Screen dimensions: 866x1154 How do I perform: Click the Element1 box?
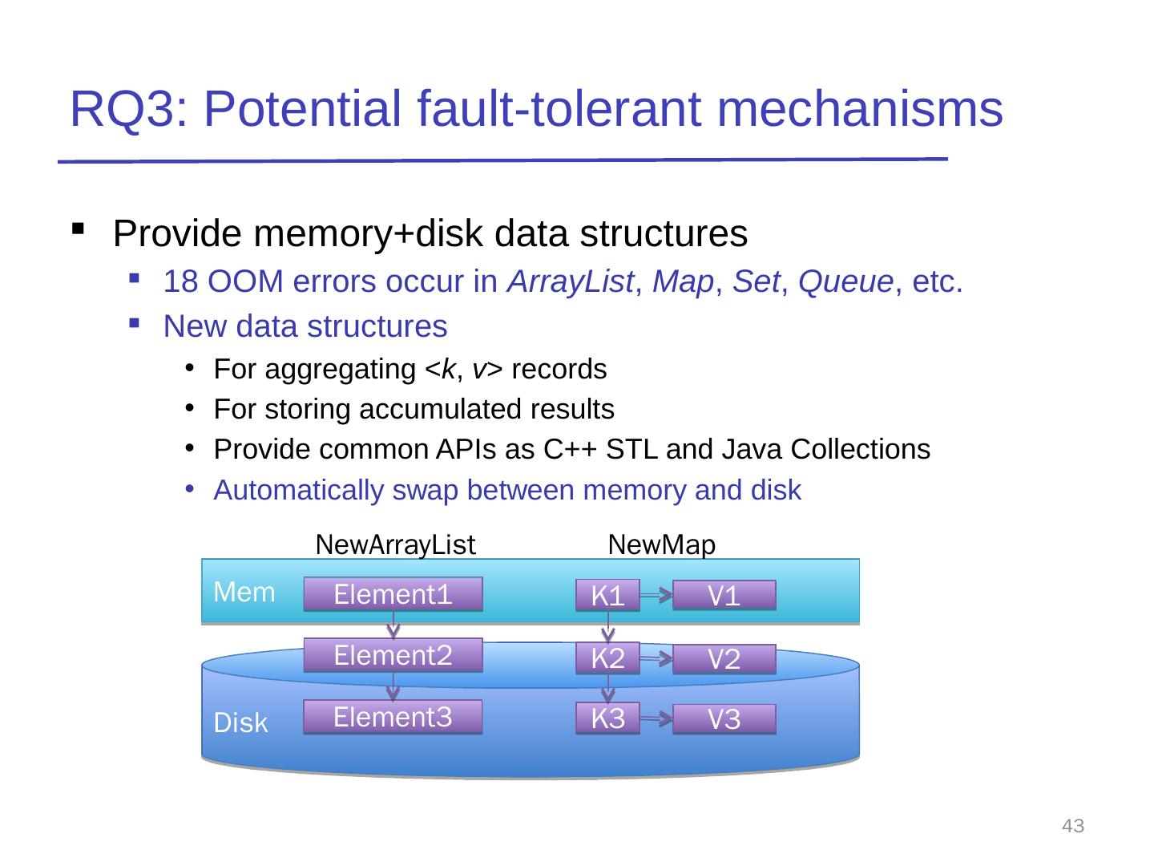coord(393,595)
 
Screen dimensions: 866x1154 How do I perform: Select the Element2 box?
coord(393,655)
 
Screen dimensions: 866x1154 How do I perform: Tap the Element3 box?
coord(393,718)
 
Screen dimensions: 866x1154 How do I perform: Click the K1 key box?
coord(607,596)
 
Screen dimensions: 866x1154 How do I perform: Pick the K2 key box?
coord(607,658)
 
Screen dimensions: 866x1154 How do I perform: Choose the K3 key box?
coord(607,719)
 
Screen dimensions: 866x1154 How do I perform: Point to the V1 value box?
coord(724,596)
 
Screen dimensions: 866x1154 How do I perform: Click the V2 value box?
coord(724,659)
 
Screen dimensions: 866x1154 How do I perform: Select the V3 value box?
coord(724,720)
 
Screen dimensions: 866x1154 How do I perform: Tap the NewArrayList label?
coord(396,545)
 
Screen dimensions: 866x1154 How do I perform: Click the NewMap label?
coord(662,545)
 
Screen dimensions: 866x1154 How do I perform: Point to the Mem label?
coord(244,593)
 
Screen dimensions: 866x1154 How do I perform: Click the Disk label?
coord(241,723)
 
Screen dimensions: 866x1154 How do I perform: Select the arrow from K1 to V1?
coord(656,595)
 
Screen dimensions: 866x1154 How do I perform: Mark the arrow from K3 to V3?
coord(656,720)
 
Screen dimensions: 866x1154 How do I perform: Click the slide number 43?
coord(1073,826)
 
